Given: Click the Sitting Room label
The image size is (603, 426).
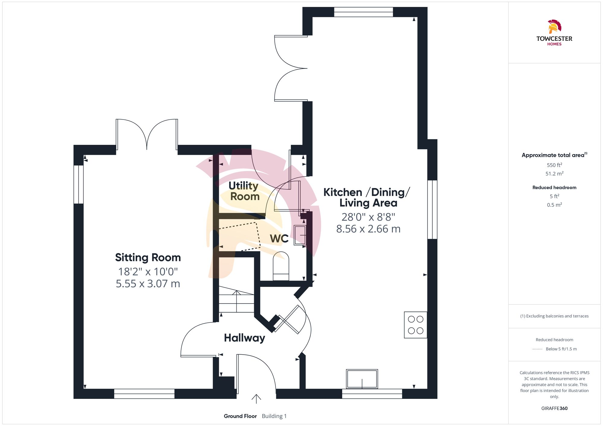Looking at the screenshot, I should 148,258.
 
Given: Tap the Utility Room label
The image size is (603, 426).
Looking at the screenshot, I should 244,191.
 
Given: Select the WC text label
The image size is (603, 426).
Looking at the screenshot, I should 279,239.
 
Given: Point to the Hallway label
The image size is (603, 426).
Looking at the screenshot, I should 245,338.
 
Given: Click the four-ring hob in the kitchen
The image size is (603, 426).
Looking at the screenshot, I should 415,325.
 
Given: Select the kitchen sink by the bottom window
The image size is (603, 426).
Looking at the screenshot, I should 362,379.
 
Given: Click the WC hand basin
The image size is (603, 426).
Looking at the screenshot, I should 300,235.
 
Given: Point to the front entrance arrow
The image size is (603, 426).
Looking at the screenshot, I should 256,399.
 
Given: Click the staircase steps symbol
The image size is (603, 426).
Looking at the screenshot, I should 236,301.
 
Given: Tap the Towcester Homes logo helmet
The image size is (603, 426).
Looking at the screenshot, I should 554,27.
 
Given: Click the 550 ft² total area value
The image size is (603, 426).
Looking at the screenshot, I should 554,165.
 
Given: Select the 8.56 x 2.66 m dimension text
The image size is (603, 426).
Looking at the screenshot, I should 368,229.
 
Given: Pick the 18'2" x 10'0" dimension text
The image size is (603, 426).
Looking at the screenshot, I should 148,272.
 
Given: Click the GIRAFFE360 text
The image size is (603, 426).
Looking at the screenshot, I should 554,409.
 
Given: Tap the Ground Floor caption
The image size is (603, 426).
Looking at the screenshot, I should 240,416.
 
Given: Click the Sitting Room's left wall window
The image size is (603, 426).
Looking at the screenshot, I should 78,184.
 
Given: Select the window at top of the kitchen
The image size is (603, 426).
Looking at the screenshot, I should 363,12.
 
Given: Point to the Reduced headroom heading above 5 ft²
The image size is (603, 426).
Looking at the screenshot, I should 554,188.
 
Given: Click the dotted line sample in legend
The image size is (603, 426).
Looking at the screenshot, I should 537,349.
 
